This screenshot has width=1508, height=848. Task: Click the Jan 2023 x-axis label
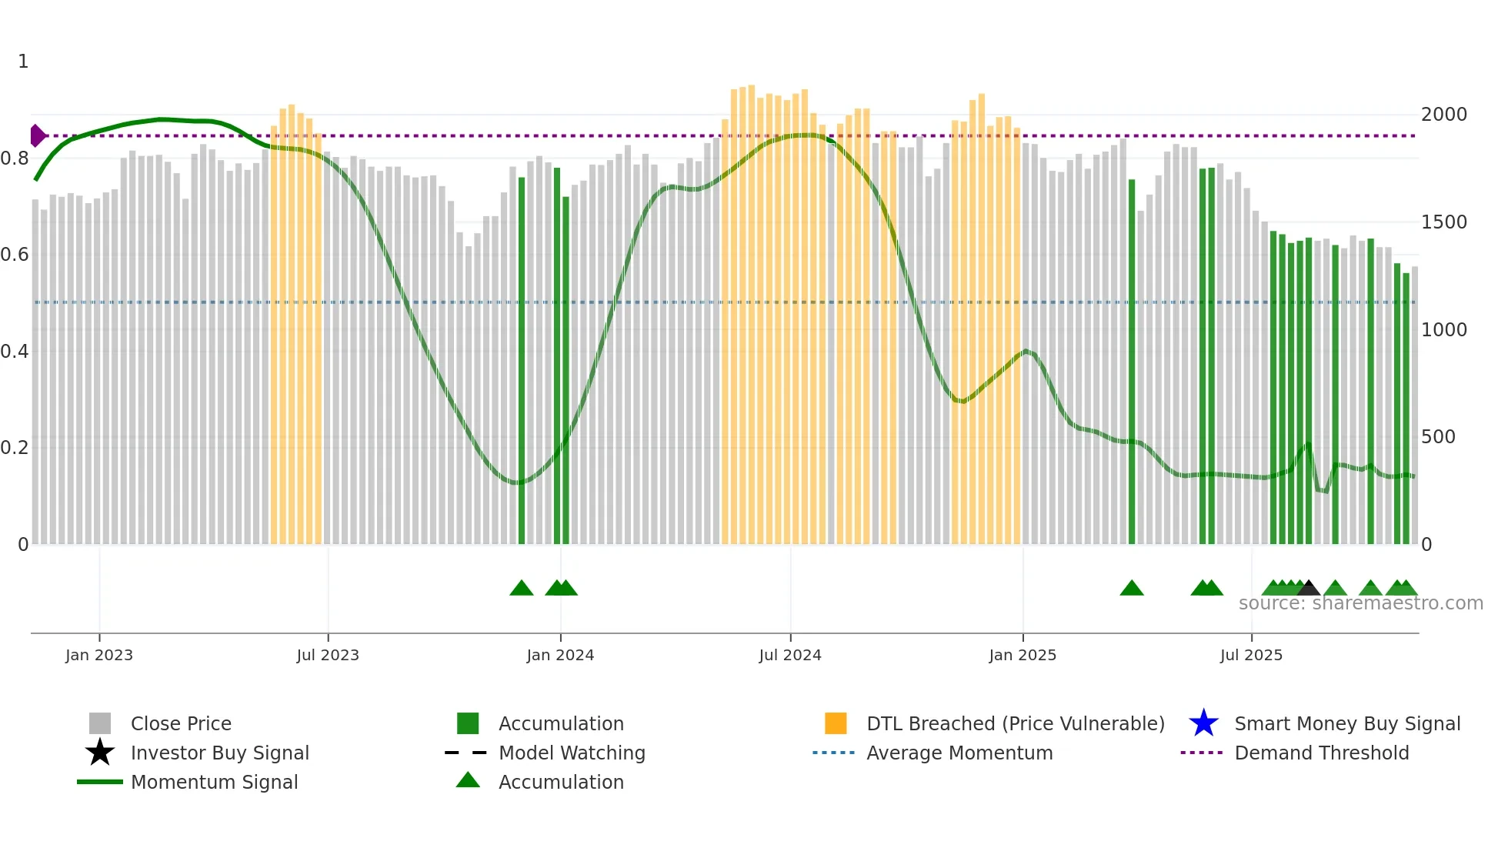(99, 655)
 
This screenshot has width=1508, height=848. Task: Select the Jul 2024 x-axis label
(790, 655)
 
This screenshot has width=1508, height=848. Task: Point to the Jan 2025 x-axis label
(1023, 655)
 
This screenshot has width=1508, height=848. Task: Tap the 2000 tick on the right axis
(1444, 115)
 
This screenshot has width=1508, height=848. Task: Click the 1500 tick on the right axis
(1444, 222)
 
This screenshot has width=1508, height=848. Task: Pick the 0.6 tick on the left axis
(15, 255)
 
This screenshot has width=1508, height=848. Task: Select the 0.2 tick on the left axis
(15, 448)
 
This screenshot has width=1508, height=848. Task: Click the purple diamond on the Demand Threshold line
(37, 136)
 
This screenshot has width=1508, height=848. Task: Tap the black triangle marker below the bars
(1309, 589)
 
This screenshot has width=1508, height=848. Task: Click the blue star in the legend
(1203, 723)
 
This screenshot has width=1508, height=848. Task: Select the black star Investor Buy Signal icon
(100, 753)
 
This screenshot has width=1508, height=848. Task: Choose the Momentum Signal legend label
(214, 782)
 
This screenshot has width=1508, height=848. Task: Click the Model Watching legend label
(572, 753)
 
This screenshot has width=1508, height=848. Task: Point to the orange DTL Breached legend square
(836, 723)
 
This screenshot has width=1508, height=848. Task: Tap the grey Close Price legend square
(100, 723)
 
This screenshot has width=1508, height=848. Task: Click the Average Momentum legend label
(959, 753)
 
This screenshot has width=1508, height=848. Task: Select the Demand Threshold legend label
(1322, 753)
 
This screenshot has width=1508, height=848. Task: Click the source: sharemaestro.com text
(1360, 603)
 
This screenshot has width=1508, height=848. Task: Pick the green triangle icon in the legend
(468, 780)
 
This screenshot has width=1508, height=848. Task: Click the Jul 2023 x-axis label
(328, 655)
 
